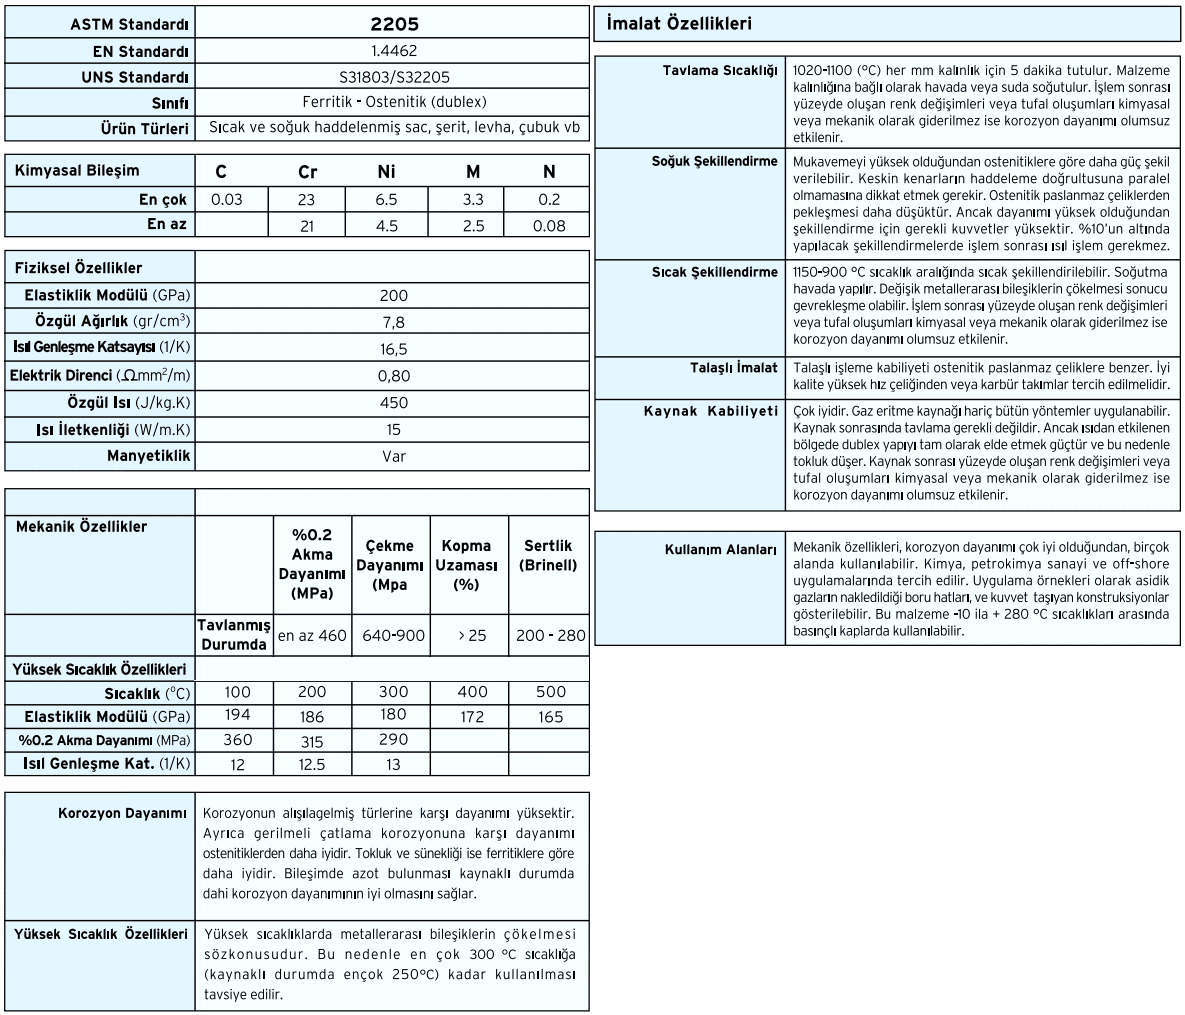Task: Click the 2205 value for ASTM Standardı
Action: coord(392,24)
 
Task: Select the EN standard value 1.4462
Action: coord(392,51)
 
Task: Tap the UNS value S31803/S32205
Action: coord(392,77)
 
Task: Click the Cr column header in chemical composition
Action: coord(307,172)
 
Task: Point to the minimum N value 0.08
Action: coord(548,226)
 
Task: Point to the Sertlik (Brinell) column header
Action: coord(548,556)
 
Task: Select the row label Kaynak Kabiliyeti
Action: coord(710,411)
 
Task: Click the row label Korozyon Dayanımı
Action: coord(123,814)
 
